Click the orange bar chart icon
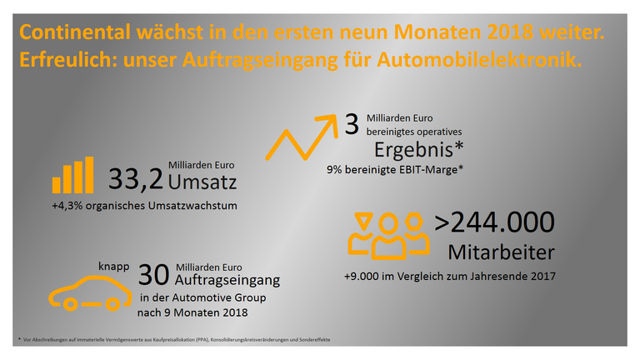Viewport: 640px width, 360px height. (x=72, y=175)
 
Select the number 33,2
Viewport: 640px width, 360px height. (x=135, y=179)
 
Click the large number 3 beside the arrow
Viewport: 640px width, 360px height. (x=352, y=125)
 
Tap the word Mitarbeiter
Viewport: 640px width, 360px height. (x=501, y=251)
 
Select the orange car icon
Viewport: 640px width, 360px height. (x=88, y=293)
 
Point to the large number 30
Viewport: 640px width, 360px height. (x=153, y=276)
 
